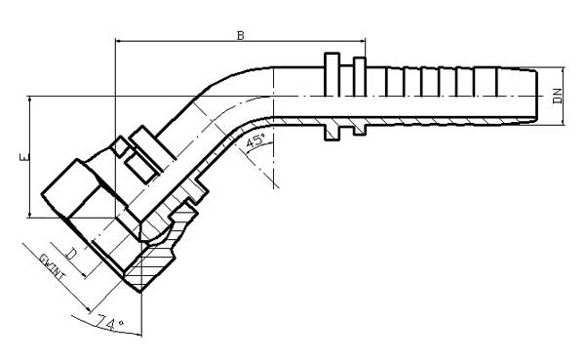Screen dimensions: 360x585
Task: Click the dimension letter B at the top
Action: (x=241, y=35)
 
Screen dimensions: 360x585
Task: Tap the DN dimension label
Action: (x=559, y=96)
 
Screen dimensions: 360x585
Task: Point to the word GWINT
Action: (x=48, y=268)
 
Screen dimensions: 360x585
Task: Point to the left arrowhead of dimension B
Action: (x=120, y=42)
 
